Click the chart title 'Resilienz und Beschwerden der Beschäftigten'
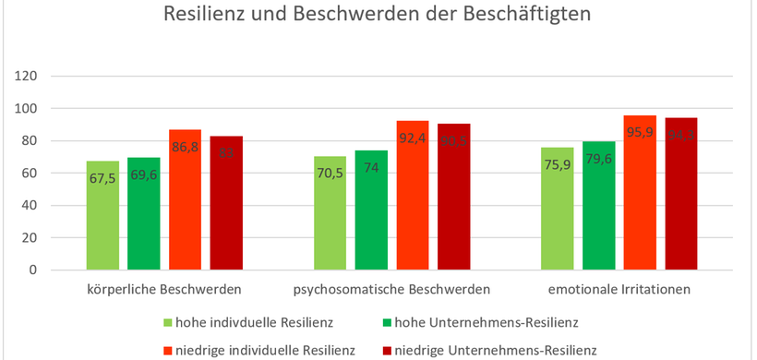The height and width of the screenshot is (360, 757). click(377, 16)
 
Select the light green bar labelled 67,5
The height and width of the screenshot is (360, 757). click(103, 216)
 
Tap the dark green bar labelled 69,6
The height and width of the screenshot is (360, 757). click(144, 214)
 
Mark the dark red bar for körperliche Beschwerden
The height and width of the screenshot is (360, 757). click(226, 203)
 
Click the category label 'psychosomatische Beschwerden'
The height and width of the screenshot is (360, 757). click(391, 290)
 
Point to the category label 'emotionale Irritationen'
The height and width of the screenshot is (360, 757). click(619, 290)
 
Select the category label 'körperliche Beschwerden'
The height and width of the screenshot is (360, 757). click(164, 290)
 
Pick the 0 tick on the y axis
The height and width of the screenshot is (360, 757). click(32, 270)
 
